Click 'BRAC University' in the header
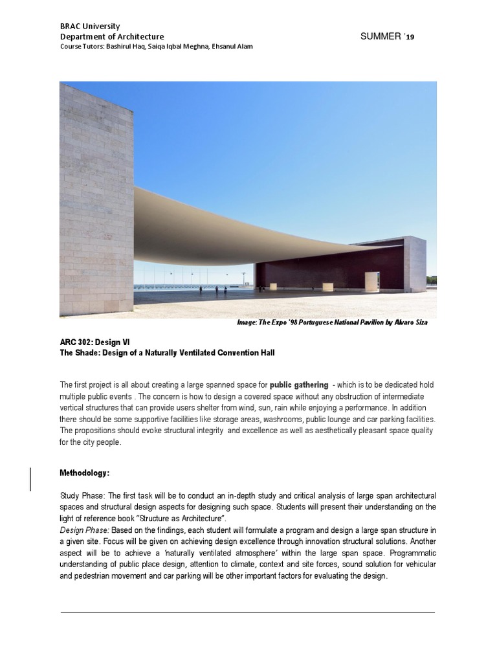click(x=89, y=27)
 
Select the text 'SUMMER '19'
click(x=387, y=37)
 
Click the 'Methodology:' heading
click(x=84, y=473)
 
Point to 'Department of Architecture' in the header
click(x=111, y=37)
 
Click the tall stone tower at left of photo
click(x=96, y=194)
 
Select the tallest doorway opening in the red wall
click(x=371, y=280)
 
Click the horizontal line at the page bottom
click(x=248, y=612)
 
